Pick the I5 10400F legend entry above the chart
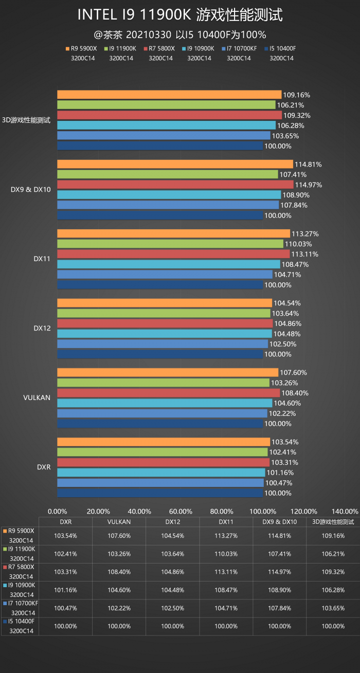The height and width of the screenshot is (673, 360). tap(280, 49)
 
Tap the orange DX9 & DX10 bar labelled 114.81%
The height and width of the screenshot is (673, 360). tap(175, 164)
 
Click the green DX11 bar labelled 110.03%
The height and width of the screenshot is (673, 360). tap(170, 244)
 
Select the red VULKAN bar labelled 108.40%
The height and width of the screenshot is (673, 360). tap(168, 393)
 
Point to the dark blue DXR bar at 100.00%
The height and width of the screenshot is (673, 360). tap(159, 493)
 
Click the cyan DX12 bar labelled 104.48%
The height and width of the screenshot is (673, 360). tap(164, 334)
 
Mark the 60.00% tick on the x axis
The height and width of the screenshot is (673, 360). tap(181, 511)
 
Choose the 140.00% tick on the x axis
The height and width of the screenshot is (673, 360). tap(345, 511)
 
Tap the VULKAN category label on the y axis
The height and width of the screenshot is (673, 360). tap(37, 398)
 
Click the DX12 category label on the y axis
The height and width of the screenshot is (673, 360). tap(42, 328)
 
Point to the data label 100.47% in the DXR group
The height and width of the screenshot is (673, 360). tap(278, 483)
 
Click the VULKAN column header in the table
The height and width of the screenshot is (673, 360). tap(119, 522)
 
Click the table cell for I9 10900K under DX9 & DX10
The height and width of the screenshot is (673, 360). tap(280, 590)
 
